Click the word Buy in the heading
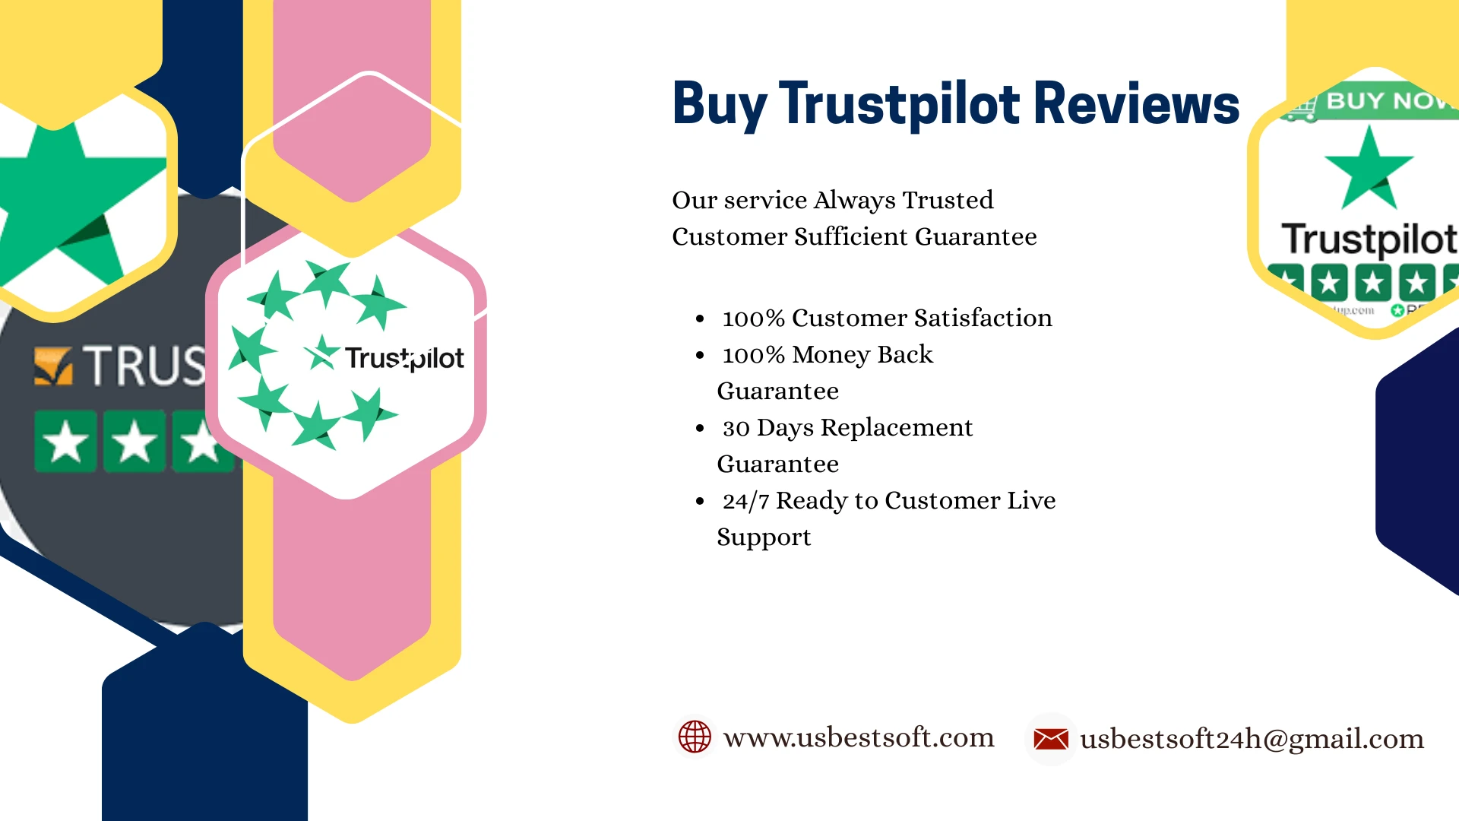click(x=719, y=105)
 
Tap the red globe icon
click(x=695, y=737)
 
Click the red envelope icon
click(x=1051, y=738)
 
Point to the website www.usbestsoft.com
click(x=859, y=737)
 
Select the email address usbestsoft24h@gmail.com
click(x=1252, y=739)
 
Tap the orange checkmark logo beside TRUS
click(x=53, y=366)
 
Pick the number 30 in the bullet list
click(x=736, y=428)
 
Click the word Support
click(x=764, y=537)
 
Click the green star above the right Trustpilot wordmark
click(x=1369, y=169)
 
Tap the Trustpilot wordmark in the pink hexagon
click(x=404, y=358)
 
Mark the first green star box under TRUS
click(x=65, y=442)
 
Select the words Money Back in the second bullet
click(x=862, y=355)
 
